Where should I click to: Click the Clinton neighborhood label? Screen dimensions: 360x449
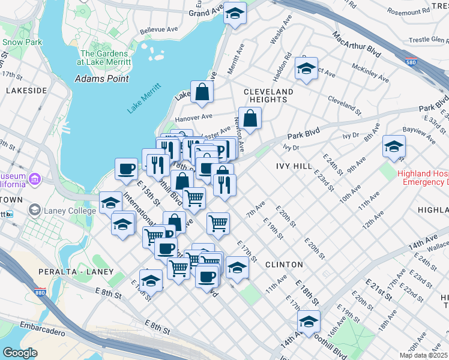[x=283, y=264]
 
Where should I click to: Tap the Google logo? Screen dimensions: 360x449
[x=20, y=353]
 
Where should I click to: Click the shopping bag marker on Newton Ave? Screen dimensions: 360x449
[x=250, y=118]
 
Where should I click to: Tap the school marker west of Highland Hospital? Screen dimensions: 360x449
[x=394, y=146]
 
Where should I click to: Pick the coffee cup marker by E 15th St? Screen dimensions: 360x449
[x=126, y=169]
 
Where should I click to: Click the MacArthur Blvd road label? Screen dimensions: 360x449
[x=357, y=45]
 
